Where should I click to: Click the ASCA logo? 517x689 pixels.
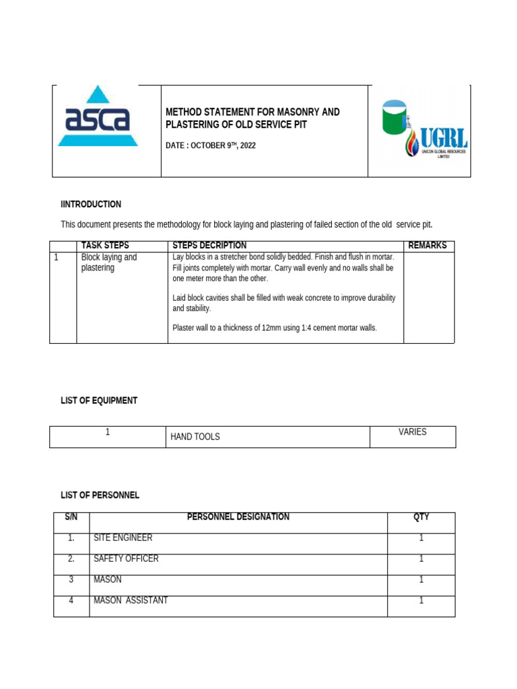[x=98, y=118]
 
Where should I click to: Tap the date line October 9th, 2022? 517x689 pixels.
[x=211, y=145]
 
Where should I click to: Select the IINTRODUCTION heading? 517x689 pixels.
[x=91, y=204]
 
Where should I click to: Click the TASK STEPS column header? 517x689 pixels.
[x=105, y=246]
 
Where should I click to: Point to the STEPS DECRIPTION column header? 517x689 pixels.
[x=209, y=246]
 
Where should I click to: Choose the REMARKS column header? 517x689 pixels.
[x=427, y=246]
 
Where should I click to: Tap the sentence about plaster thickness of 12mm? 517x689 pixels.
[x=275, y=328]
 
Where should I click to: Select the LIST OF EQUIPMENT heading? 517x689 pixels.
[x=99, y=400]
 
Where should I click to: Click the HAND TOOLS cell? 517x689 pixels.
[x=195, y=437]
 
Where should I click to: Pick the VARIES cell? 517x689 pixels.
[x=413, y=432]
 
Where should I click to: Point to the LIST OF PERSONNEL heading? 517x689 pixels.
[x=100, y=495]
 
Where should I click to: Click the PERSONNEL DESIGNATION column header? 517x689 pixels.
[x=238, y=517]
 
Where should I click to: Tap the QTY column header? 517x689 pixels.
[x=421, y=517]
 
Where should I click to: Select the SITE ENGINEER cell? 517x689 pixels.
[x=123, y=538]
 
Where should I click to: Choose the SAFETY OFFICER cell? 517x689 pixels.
[x=127, y=558]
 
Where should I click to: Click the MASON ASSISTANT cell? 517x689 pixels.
[x=131, y=600]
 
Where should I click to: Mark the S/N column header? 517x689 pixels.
[x=71, y=517]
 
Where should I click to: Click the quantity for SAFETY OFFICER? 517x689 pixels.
[x=421, y=558]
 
